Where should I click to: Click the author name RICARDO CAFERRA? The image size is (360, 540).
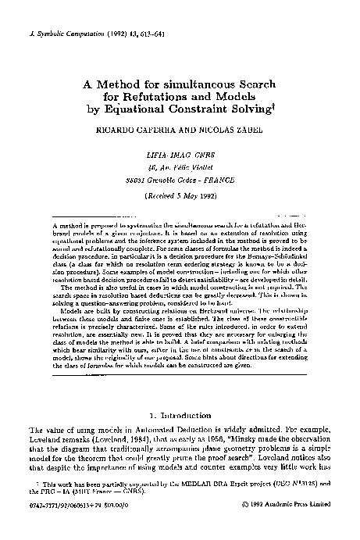point(132,131)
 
